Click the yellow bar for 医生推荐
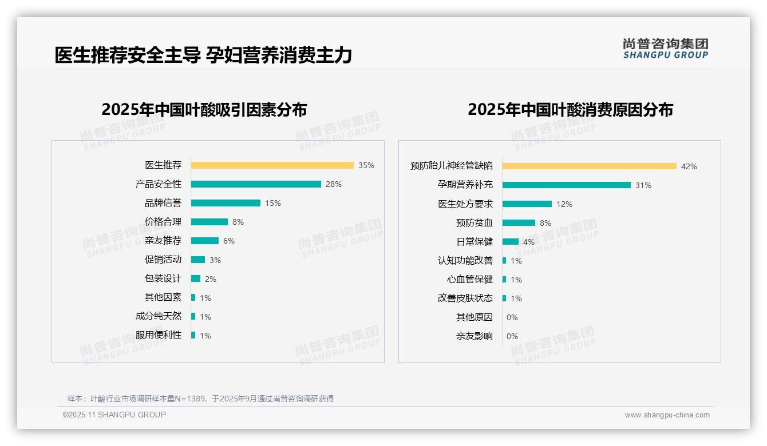[x=272, y=165]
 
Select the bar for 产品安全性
[x=256, y=184]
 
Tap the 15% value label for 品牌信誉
[x=273, y=203]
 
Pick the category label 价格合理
[x=163, y=222]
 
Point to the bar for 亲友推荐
[x=205, y=241]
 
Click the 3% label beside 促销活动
[x=215, y=260]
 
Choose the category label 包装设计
[x=163, y=278]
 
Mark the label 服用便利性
[x=159, y=335]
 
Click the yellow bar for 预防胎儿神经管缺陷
[x=590, y=166]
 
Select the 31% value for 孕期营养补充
[x=643, y=185]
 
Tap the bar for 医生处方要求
[x=527, y=204]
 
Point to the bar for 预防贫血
[x=519, y=223]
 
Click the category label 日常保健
[x=475, y=242]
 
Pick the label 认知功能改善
[x=465, y=261]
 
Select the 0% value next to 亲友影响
[x=512, y=336]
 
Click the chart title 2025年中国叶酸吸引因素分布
[x=204, y=110]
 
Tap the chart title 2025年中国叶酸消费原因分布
[x=570, y=110]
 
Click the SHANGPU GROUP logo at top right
[x=665, y=49]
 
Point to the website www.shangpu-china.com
[x=667, y=415]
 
